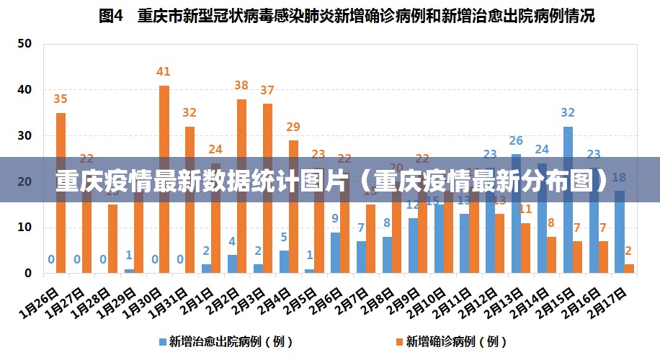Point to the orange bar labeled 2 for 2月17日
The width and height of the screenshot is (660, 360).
[x=629, y=269]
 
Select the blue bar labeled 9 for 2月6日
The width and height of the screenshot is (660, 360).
[x=335, y=252]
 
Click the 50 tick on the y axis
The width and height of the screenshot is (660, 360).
[x=25, y=43]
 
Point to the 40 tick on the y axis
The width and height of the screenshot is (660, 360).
[x=25, y=89]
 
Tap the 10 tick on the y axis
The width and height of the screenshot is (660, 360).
[x=25, y=228]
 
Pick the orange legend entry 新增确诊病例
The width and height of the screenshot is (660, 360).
[x=450, y=341]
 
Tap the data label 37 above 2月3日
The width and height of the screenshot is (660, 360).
[x=267, y=90]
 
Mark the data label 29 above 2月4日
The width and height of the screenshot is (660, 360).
[x=293, y=127]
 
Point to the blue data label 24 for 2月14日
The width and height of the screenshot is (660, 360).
[x=542, y=149]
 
